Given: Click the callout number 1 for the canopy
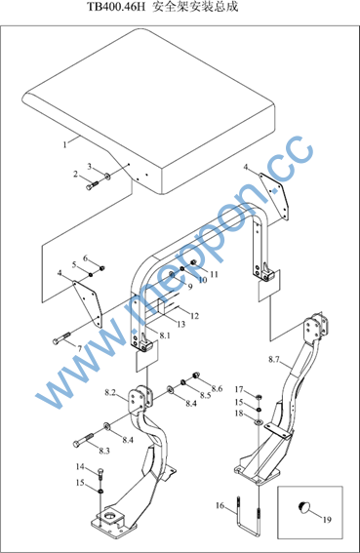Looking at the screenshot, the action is [64, 144].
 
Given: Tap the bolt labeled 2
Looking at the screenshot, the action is [92, 185].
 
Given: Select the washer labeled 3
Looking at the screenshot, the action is [106, 176].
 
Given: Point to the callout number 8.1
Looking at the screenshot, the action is [165, 336].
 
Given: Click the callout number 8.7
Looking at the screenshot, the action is [274, 360].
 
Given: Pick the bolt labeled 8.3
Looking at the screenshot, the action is [83, 439].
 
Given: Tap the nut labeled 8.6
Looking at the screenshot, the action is [196, 375].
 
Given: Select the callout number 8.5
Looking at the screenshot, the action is [205, 395].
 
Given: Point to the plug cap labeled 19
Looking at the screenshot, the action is [303, 507].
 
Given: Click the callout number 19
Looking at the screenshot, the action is [327, 520].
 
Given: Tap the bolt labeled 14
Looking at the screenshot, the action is [100, 473].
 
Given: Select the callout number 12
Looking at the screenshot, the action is [194, 316].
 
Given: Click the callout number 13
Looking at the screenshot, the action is [181, 324].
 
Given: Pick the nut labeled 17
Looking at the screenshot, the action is [258, 397].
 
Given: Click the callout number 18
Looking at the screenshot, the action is [239, 413].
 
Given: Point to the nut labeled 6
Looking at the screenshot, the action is [101, 269].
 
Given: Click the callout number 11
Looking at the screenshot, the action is [215, 274].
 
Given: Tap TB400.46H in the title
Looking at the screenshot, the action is [116, 7].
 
